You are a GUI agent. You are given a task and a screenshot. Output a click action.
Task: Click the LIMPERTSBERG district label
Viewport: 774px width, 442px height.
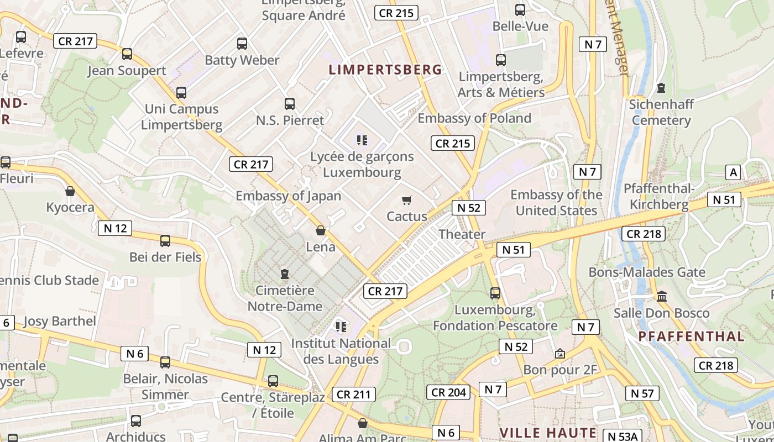coord(385,70)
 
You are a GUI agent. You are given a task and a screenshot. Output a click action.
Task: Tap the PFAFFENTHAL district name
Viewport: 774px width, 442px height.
coord(691,336)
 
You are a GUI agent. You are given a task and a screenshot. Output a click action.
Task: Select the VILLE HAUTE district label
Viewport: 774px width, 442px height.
coord(548,433)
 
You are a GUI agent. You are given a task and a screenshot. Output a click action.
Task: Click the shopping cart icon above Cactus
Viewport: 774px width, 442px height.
coord(407,201)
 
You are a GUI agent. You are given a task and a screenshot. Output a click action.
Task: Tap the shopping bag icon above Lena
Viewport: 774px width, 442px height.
coord(321,230)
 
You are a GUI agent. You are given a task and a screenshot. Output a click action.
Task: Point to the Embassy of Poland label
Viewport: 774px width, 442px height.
coord(474,118)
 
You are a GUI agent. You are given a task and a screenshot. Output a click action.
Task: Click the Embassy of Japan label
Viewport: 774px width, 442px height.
coord(289,196)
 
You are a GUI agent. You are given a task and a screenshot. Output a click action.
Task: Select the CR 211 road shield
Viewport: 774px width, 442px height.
coord(354,394)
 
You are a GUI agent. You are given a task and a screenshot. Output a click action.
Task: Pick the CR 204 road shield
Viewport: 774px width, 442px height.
coord(449,392)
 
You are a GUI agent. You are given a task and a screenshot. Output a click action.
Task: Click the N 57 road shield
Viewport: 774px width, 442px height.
coord(642,393)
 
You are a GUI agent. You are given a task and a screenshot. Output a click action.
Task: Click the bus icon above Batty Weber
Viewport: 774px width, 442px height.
coord(242,44)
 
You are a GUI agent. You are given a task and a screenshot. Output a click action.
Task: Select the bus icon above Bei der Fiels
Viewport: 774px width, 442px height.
coord(165,241)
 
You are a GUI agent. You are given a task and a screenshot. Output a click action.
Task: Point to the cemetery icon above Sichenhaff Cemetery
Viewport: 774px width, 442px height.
coord(661,88)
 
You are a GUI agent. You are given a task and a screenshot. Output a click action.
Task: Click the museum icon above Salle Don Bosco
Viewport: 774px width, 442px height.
coord(662,297)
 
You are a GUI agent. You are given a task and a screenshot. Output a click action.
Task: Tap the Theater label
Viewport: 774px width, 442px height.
coord(462,234)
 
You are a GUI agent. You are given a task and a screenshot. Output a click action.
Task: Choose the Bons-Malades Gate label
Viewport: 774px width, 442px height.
coord(647,272)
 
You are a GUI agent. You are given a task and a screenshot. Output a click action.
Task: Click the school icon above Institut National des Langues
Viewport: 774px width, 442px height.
coord(341,327)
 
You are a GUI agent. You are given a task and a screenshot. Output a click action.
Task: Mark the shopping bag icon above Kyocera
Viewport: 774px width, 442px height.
coord(70,192)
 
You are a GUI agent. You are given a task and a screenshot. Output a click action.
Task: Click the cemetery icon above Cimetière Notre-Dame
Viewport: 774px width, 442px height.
coord(285,274)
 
